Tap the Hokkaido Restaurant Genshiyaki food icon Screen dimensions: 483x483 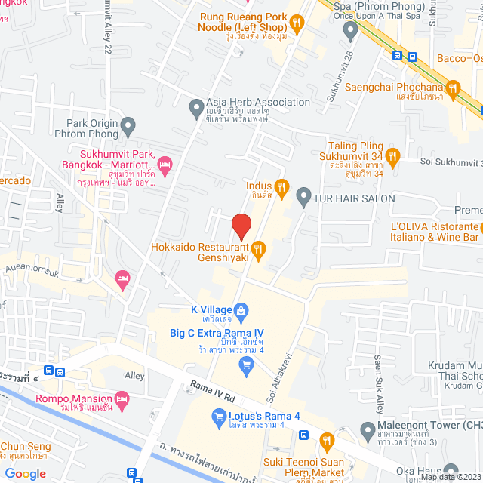pos(258,248)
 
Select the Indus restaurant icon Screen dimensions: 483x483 pos(281,186)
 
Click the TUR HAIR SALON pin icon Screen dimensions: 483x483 pos(303,198)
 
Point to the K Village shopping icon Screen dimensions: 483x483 pos(241,309)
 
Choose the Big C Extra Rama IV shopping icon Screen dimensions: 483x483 pos(245,366)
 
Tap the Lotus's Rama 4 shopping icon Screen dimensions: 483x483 pos(218,416)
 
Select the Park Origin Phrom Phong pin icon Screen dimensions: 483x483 pos(128,123)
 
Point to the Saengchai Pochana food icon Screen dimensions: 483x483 pos(453,91)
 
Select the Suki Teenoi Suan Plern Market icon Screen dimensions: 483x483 pos(326,440)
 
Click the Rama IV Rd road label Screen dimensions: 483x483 pos(214,389)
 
